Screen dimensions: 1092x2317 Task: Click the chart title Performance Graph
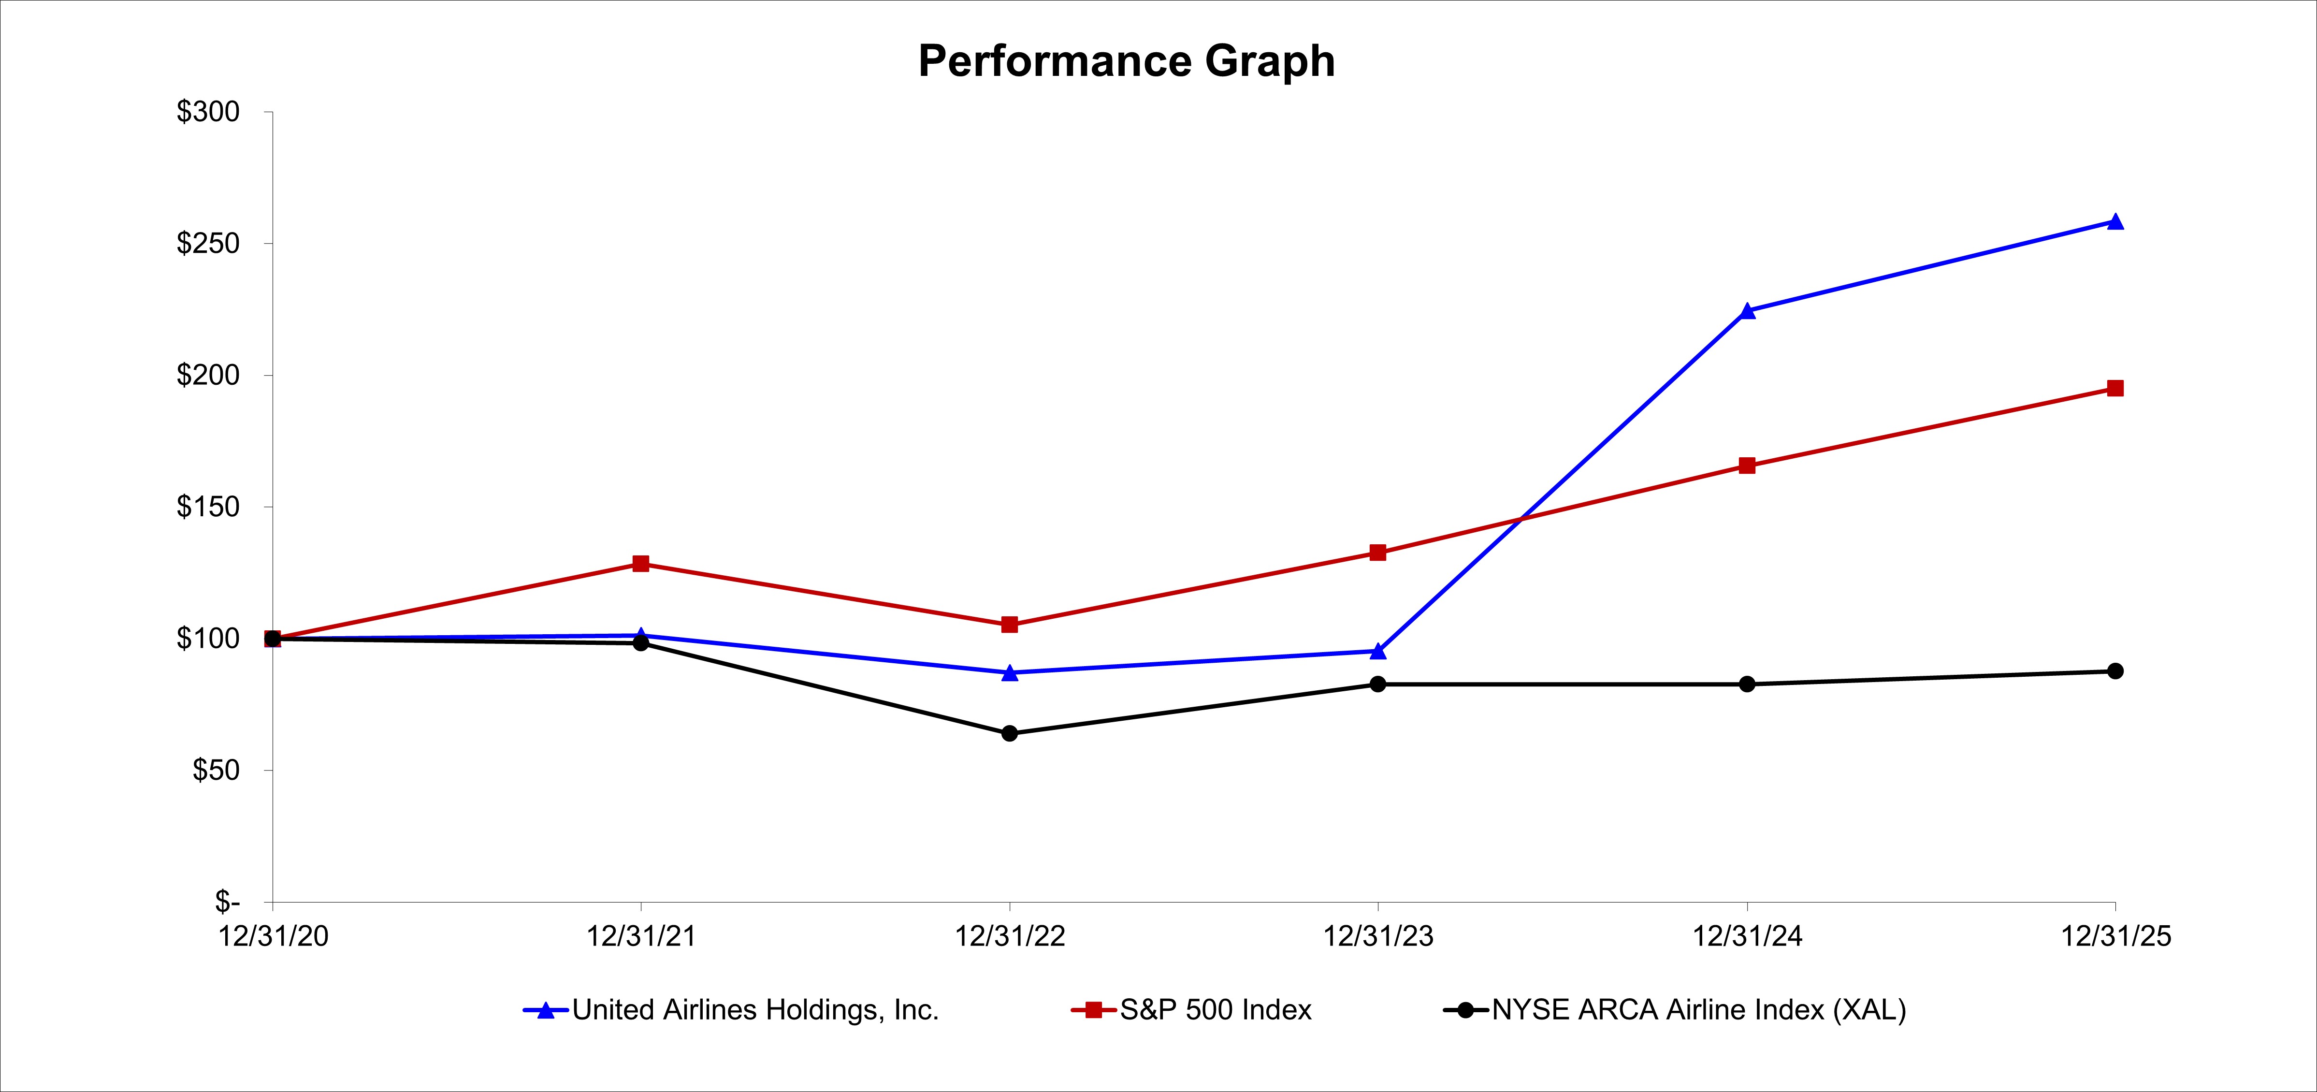[1126, 61]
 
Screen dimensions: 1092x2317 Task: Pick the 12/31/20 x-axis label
[274, 936]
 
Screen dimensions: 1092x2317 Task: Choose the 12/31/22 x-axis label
[1009, 936]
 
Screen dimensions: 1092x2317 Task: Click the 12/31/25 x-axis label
[2115, 936]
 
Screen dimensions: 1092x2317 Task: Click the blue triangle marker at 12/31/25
[2115, 221]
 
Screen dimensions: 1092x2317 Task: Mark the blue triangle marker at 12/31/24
[1747, 311]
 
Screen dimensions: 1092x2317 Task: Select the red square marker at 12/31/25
[2115, 389]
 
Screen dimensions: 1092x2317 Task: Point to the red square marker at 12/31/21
[640, 564]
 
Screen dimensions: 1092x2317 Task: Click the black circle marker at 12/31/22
[1009, 733]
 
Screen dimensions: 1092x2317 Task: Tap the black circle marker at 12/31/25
[2115, 671]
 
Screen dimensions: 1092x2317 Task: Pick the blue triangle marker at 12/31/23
[1378, 650]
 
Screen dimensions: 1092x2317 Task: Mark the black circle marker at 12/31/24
[1747, 684]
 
